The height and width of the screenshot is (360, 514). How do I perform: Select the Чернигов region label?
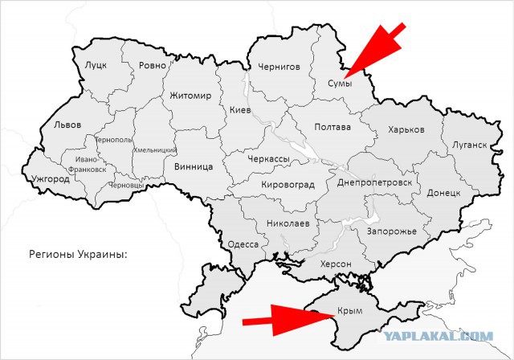click(x=279, y=67)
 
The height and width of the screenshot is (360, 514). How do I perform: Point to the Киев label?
click(x=240, y=110)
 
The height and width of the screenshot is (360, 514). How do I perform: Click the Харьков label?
click(x=406, y=129)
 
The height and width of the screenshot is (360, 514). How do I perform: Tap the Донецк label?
click(x=443, y=193)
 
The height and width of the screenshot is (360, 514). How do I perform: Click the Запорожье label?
click(x=391, y=231)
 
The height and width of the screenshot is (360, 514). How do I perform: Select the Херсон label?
click(x=336, y=264)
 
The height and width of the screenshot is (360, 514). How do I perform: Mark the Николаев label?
click(x=287, y=223)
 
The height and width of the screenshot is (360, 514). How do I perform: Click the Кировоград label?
click(x=288, y=185)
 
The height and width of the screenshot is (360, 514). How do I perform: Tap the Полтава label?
click(x=332, y=127)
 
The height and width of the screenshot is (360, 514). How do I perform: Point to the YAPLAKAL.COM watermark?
click(x=449, y=337)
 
